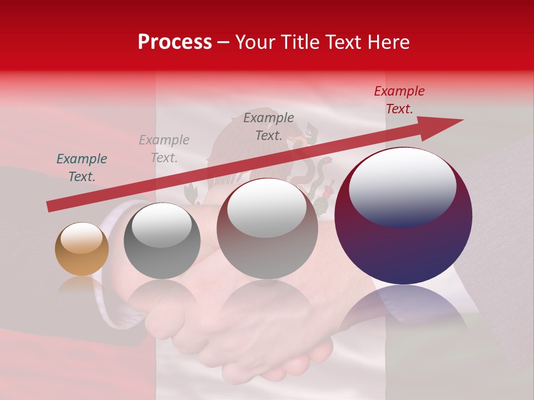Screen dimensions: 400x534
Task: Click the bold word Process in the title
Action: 175,42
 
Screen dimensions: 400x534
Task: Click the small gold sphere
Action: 82,249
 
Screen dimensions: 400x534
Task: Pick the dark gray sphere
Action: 162,241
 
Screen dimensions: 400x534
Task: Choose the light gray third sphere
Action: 267,228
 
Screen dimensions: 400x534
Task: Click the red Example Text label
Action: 399,100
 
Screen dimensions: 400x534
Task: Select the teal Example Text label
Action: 82,168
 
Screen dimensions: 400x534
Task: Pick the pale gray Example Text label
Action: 164,149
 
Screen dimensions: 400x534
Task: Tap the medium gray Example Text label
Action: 269,126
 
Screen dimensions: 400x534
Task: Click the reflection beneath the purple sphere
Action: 403,308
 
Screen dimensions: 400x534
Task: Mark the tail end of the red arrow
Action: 49,207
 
